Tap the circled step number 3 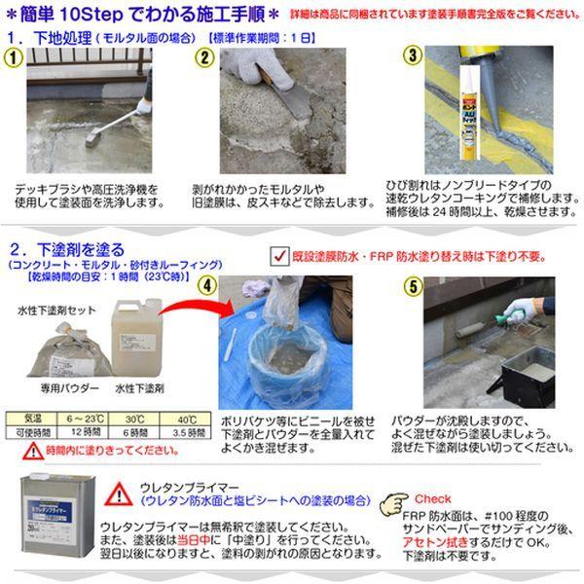(412, 55)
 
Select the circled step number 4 (205, 285)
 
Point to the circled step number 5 (411, 286)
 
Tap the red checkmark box (276, 255)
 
